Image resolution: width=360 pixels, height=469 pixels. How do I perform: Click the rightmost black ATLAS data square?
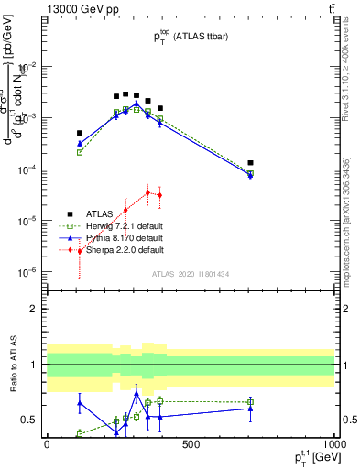[250, 163]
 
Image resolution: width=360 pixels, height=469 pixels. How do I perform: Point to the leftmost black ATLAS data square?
[80, 133]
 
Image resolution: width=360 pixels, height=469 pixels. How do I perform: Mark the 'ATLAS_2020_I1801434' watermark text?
[190, 274]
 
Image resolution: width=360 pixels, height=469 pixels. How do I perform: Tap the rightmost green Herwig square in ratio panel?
[250, 402]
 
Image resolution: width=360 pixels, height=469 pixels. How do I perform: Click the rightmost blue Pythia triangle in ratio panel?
[250, 409]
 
